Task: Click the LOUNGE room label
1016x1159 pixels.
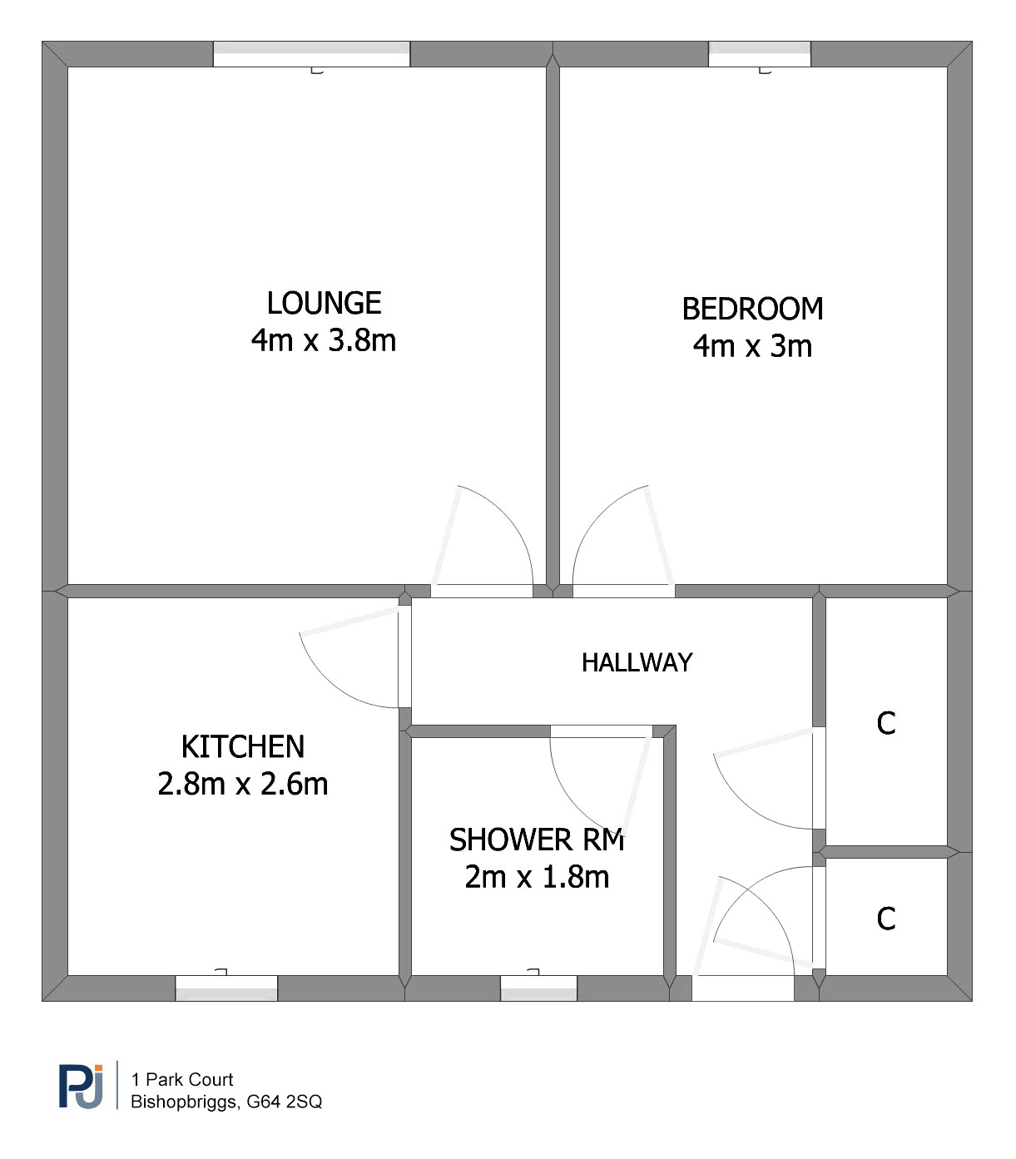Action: (x=324, y=303)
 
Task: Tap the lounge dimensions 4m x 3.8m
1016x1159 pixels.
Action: (x=324, y=340)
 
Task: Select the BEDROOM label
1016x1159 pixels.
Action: (x=752, y=309)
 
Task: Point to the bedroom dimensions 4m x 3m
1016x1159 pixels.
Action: (x=752, y=346)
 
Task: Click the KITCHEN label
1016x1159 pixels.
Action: (x=243, y=746)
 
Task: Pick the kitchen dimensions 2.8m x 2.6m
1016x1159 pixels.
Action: (x=243, y=784)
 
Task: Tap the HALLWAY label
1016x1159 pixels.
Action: (x=637, y=662)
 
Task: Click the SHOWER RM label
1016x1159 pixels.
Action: (x=537, y=840)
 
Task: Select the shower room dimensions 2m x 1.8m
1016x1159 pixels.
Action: (x=537, y=877)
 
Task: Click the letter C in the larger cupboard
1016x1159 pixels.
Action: (x=886, y=723)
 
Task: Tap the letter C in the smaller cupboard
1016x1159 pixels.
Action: (x=886, y=919)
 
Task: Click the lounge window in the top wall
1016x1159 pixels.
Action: (x=312, y=54)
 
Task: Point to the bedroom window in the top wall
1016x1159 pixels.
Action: (x=760, y=54)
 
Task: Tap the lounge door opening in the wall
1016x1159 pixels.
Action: (x=482, y=591)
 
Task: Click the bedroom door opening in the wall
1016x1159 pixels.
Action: (x=623, y=591)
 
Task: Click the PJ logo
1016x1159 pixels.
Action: (x=82, y=1087)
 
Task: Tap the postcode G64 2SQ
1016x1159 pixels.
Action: (x=285, y=1102)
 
